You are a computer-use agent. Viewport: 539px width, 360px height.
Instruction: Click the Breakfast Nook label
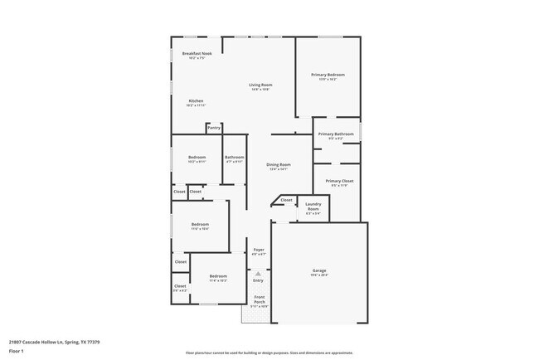click(x=197, y=54)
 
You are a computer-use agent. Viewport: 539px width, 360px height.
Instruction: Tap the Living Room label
click(x=261, y=85)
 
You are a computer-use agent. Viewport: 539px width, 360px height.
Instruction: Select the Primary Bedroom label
click(x=328, y=75)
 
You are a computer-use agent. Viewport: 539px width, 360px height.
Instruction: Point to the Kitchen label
click(x=196, y=101)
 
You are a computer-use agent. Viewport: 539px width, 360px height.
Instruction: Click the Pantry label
click(x=214, y=129)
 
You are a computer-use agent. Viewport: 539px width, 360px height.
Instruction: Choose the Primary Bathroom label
click(x=336, y=134)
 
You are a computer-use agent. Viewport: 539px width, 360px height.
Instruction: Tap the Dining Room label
click(x=278, y=164)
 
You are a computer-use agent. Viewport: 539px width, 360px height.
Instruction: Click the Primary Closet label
click(x=339, y=181)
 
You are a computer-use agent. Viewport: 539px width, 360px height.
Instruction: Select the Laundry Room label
click(x=313, y=207)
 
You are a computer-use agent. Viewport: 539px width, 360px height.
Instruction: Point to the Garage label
click(x=319, y=270)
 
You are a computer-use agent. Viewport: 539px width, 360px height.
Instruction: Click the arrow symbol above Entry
click(x=258, y=273)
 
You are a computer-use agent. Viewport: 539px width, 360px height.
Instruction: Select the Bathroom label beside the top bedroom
click(x=234, y=158)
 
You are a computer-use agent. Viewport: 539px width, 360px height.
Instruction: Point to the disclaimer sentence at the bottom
click(x=269, y=353)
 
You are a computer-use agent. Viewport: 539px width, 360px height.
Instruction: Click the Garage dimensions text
click(x=319, y=275)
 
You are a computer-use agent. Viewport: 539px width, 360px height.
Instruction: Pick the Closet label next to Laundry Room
click(x=286, y=200)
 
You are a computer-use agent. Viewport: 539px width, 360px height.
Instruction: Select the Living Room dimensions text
click(x=261, y=90)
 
